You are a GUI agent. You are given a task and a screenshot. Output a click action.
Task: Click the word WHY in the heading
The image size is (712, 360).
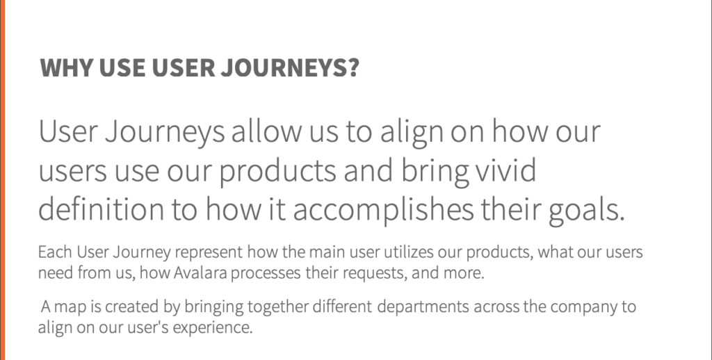click(x=67, y=67)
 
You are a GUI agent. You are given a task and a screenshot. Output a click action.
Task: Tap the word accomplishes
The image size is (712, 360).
click(x=383, y=210)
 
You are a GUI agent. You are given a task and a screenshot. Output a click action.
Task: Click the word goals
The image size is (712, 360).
click(x=587, y=210)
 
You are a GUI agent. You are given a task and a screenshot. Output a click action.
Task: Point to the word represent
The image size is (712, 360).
click(x=209, y=252)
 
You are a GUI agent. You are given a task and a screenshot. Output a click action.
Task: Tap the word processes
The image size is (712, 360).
click(x=266, y=273)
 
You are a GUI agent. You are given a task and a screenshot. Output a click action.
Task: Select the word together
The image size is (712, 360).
click(x=278, y=307)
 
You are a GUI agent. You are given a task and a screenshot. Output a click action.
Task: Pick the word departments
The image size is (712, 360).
click(x=423, y=307)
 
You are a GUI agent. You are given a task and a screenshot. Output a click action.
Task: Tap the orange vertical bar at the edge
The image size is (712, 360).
click(x=2, y=180)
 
